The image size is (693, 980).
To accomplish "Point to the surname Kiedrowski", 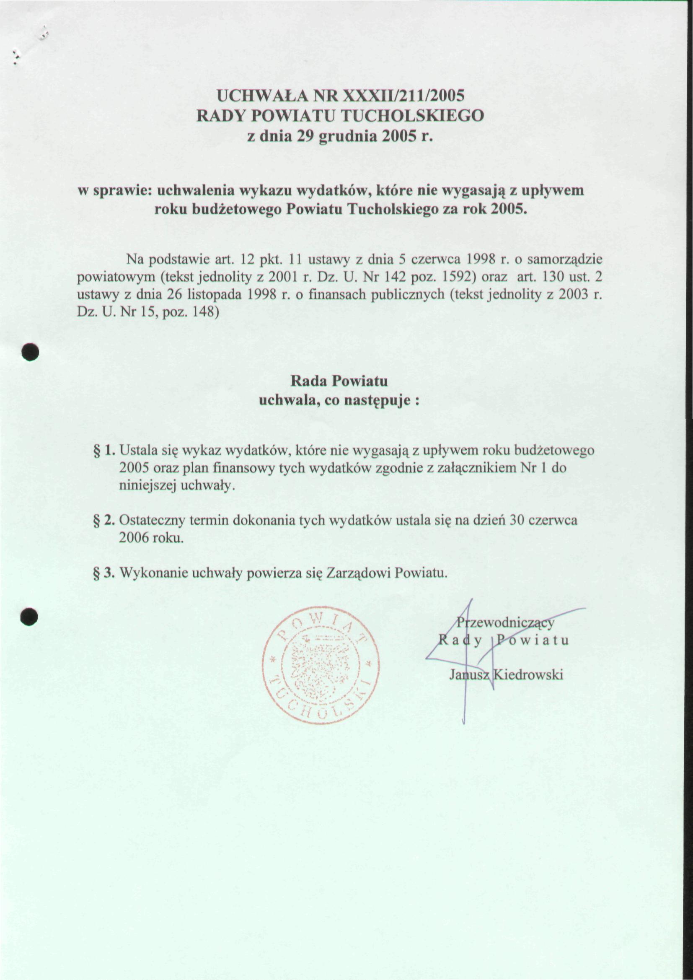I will pos(528,674).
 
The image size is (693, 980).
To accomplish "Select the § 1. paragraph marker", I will pos(104,450).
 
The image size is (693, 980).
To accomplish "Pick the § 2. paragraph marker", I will pos(104,520).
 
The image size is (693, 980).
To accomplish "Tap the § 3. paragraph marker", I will pos(104,573).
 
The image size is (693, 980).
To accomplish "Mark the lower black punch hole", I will pos(30,616).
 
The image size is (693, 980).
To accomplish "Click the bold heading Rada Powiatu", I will pos(339,381).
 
